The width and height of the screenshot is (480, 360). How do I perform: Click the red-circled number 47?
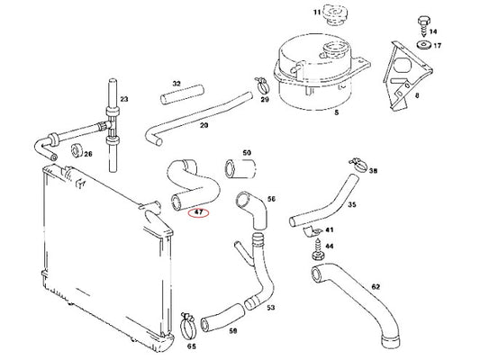[x=199, y=212]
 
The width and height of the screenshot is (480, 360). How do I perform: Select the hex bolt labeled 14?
[x=423, y=26]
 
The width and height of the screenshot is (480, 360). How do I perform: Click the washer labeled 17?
[x=424, y=45]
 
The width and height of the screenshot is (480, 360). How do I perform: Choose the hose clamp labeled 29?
[x=262, y=85]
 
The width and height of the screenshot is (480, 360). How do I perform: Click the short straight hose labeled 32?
[x=182, y=95]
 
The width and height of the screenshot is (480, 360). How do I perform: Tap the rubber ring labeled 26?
[x=77, y=150]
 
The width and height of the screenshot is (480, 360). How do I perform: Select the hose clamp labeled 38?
[x=358, y=165]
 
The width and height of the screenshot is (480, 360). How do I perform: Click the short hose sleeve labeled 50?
[x=240, y=168]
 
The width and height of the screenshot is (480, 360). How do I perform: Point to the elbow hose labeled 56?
[x=252, y=210]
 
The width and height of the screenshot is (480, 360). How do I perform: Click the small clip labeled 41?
[x=312, y=232]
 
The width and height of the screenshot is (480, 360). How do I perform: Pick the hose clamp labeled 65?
[x=188, y=327]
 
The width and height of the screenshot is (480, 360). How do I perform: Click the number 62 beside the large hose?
[x=376, y=286]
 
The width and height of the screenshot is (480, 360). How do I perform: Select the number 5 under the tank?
[x=337, y=112]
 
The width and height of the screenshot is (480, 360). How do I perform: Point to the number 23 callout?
[x=124, y=99]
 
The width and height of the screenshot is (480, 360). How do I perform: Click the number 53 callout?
[x=270, y=308]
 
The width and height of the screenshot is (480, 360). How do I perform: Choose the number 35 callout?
[x=352, y=204]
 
